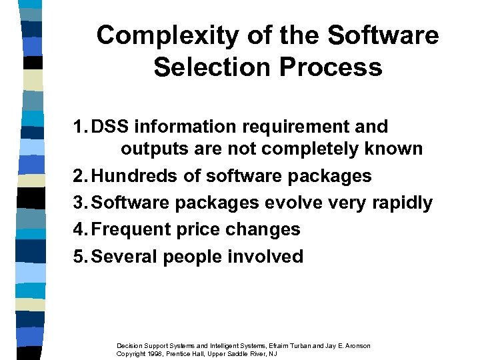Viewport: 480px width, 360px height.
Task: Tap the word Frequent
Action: tap(132, 229)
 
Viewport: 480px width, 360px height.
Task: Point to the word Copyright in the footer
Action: tap(131, 354)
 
